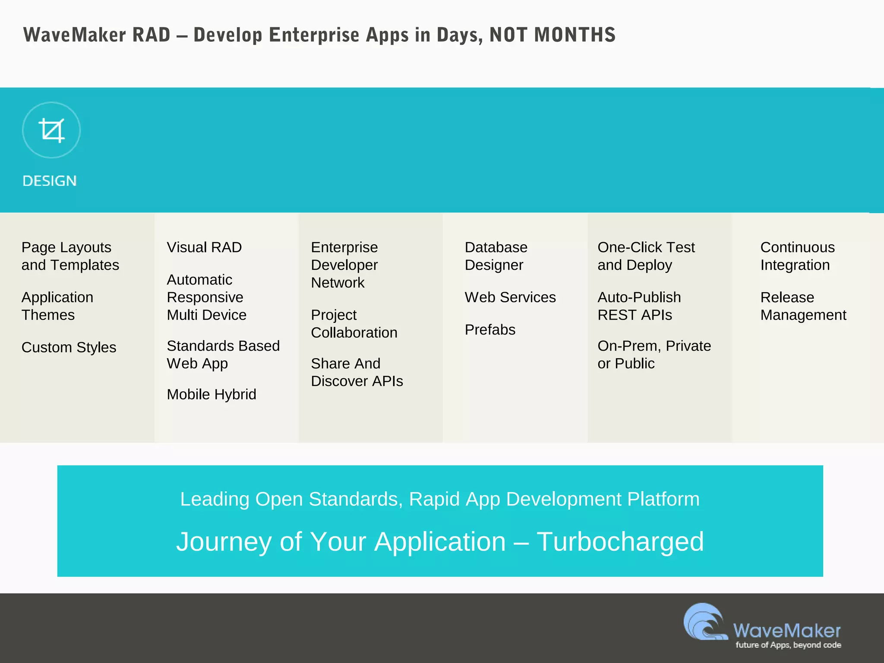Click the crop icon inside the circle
click(x=51, y=130)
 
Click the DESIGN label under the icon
click(x=50, y=181)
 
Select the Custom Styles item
click(x=69, y=347)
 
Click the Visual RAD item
click(x=204, y=247)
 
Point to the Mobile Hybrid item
click(x=212, y=394)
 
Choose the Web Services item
click(x=510, y=297)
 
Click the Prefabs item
click(x=490, y=330)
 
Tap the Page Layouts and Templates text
click(x=70, y=256)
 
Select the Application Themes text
click(x=57, y=306)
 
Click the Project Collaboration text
click(x=354, y=324)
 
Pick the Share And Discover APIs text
click(x=357, y=372)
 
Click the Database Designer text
click(x=496, y=256)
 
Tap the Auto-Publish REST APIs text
click(x=639, y=306)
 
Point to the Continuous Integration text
click(x=797, y=256)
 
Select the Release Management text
click(x=803, y=306)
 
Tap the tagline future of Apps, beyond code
click(x=788, y=645)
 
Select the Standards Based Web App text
click(x=223, y=354)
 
